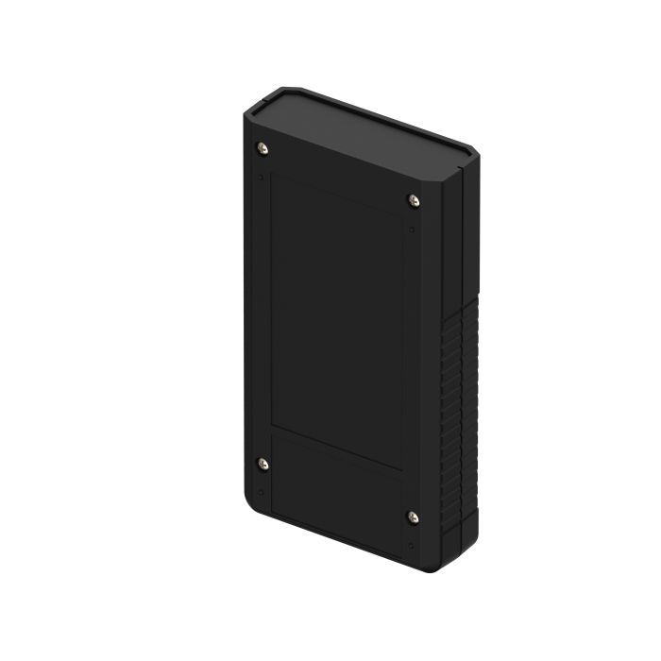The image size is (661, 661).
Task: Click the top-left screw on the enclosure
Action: coord(263,147)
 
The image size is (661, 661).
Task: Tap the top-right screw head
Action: coord(413,199)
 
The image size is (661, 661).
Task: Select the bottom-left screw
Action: coord(263,463)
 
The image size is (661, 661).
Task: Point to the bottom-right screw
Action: coord(413,516)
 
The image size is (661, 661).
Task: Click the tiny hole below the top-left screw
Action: coord(261,176)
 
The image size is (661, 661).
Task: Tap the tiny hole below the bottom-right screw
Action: coord(411,545)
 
